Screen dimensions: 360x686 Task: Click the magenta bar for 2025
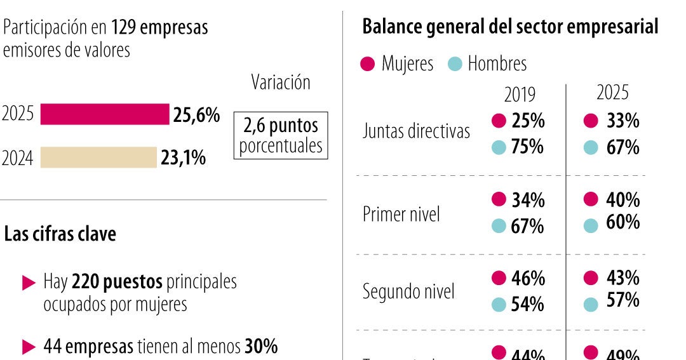[105, 114]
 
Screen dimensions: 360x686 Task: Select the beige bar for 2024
[98, 157]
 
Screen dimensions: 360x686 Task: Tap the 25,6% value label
[196, 115]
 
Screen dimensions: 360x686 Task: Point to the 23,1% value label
[183, 157]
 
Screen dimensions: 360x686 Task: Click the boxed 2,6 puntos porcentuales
[281, 135]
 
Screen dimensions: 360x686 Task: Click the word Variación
[281, 83]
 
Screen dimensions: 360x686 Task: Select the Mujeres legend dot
[367, 64]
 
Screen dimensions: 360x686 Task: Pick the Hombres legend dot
[454, 64]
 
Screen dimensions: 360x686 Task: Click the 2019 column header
[520, 95]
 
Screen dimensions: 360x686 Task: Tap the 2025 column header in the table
[612, 93]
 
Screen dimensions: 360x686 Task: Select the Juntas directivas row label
[416, 131]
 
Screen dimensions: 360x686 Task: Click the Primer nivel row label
[401, 215]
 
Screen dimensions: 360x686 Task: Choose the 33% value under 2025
[622, 121]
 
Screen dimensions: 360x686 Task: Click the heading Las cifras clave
[60, 234]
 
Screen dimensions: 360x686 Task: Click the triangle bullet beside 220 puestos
[29, 283]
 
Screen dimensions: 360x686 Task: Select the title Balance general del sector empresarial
[509, 27]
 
